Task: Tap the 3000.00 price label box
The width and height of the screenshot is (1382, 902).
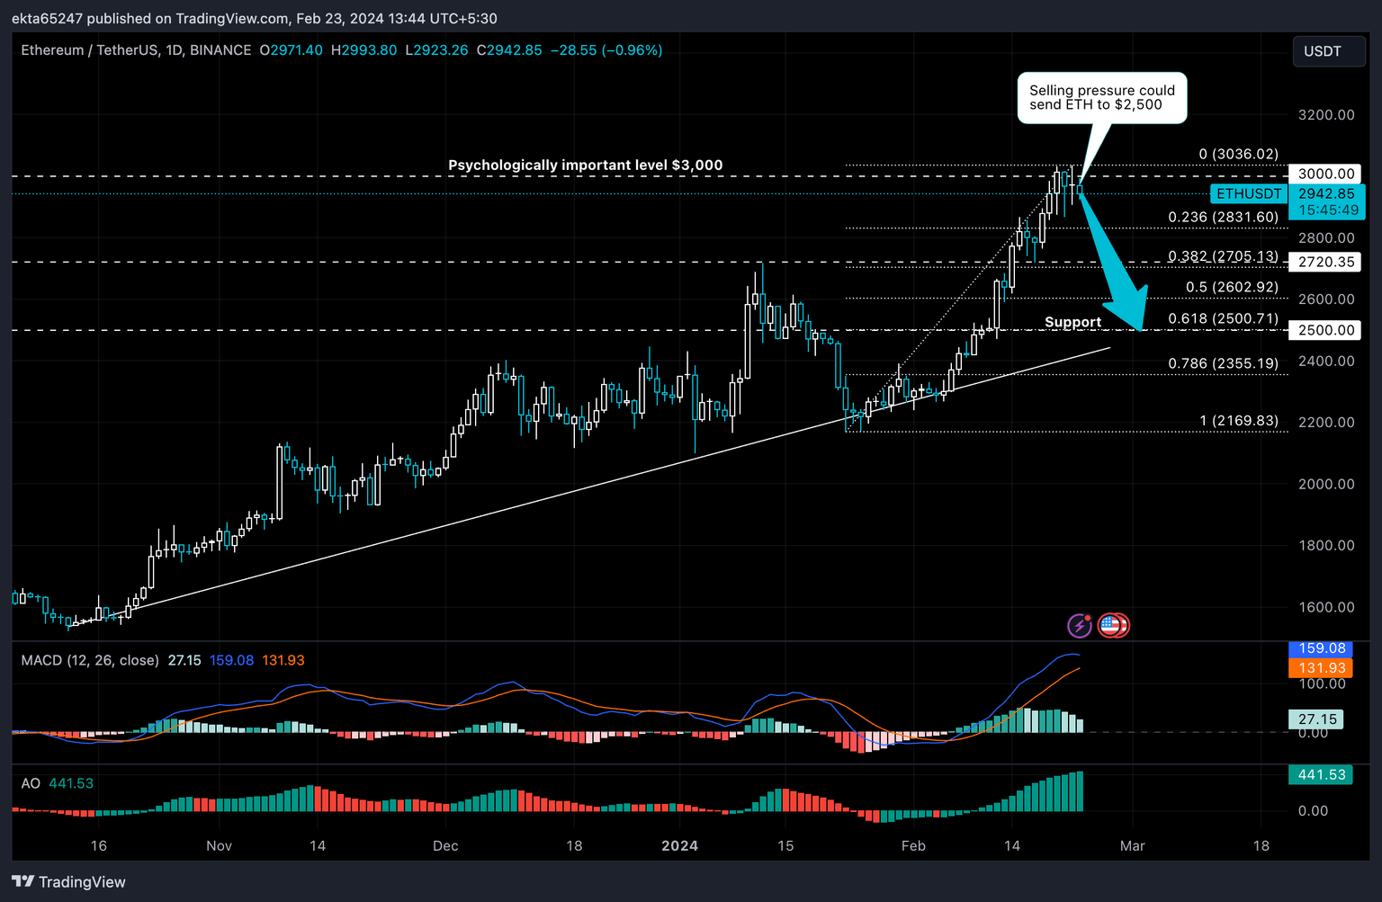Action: click(1325, 174)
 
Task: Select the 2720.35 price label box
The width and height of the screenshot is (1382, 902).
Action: click(1325, 262)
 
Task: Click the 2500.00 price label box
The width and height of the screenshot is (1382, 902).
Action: click(1325, 330)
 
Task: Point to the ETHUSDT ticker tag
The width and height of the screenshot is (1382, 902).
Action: click(1249, 193)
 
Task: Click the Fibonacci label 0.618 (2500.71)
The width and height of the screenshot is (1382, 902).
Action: click(1223, 318)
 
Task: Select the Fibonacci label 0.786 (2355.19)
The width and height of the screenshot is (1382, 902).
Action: click(1223, 363)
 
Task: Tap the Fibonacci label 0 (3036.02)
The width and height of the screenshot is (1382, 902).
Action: click(1238, 154)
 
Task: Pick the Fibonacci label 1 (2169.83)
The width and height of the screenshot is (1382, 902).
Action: click(1238, 421)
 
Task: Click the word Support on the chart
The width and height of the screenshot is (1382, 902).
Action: click(1072, 322)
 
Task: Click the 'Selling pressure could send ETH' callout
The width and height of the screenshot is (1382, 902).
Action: click(1102, 98)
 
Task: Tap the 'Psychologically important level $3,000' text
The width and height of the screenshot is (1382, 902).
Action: click(585, 165)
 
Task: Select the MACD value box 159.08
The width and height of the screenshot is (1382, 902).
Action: click(1321, 648)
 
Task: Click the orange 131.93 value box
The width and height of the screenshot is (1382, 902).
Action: click(1321, 667)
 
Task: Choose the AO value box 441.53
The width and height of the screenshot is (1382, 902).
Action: click(1321, 774)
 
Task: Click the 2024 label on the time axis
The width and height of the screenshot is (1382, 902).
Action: click(679, 845)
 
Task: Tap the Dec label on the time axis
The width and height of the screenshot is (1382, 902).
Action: click(445, 845)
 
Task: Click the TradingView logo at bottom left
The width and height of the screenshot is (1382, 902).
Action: click(69, 881)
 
